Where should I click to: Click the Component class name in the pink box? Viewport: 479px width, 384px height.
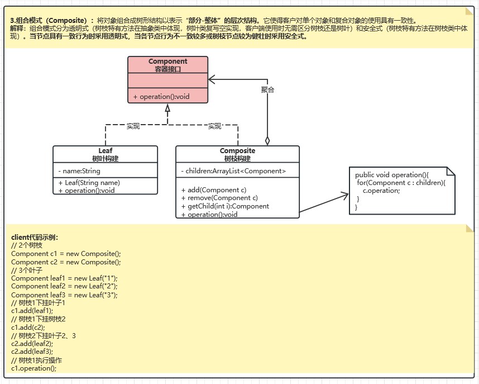click(x=167, y=61)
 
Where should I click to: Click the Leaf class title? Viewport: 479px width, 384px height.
click(x=106, y=151)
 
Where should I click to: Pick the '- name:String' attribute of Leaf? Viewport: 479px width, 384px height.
click(x=79, y=171)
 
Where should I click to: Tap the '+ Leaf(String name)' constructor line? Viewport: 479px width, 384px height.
click(x=89, y=183)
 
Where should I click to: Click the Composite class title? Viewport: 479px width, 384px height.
click(x=237, y=151)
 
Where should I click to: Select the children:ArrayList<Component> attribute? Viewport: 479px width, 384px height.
click(x=233, y=171)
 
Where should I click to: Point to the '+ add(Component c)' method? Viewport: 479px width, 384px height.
click(x=214, y=190)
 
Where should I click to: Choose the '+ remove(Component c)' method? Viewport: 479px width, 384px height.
click(x=219, y=198)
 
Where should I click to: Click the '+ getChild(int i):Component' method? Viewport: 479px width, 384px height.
click(x=225, y=206)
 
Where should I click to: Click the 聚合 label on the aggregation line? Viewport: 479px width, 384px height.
click(x=267, y=89)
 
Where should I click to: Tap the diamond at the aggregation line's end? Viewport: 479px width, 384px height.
click(x=267, y=141)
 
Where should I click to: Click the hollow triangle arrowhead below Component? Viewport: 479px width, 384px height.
click(x=167, y=108)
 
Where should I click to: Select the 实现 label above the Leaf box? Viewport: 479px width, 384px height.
click(x=133, y=126)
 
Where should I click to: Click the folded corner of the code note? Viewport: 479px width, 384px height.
click(x=452, y=170)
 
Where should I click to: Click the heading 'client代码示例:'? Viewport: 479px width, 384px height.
click(x=35, y=237)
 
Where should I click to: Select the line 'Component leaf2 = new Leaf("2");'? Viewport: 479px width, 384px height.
click(x=64, y=286)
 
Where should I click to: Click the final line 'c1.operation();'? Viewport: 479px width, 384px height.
click(x=33, y=368)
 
